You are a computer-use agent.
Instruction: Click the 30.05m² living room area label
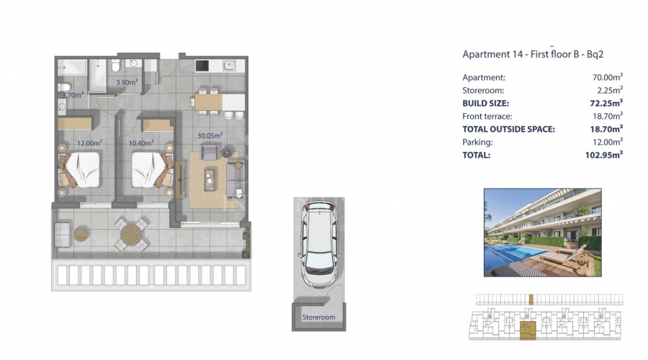click(210, 135)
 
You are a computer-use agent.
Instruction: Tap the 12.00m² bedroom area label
click(90, 143)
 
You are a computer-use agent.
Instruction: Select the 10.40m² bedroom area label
click(141, 143)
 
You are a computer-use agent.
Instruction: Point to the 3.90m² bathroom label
click(127, 82)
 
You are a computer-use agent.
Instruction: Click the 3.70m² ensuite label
click(73, 95)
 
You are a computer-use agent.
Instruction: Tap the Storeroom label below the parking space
click(319, 317)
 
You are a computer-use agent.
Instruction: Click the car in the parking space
click(319, 244)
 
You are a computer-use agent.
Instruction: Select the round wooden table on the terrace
click(131, 234)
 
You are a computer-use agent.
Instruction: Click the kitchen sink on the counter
click(230, 66)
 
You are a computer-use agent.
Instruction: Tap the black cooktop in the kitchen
click(202, 66)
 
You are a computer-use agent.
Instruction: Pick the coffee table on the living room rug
click(210, 180)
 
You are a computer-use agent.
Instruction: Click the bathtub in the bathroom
click(99, 76)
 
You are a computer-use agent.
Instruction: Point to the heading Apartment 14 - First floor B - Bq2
click(533, 54)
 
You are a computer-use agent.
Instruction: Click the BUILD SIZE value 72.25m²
click(606, 103)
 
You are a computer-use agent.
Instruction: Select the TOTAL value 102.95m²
click(604, 155)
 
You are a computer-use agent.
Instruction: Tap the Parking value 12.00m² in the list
click(608, 142)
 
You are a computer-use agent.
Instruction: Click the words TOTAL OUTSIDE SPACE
click(509, 129)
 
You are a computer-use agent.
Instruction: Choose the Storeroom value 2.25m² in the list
click(610, 90)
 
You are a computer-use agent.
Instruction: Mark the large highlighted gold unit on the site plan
click(528, 330)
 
